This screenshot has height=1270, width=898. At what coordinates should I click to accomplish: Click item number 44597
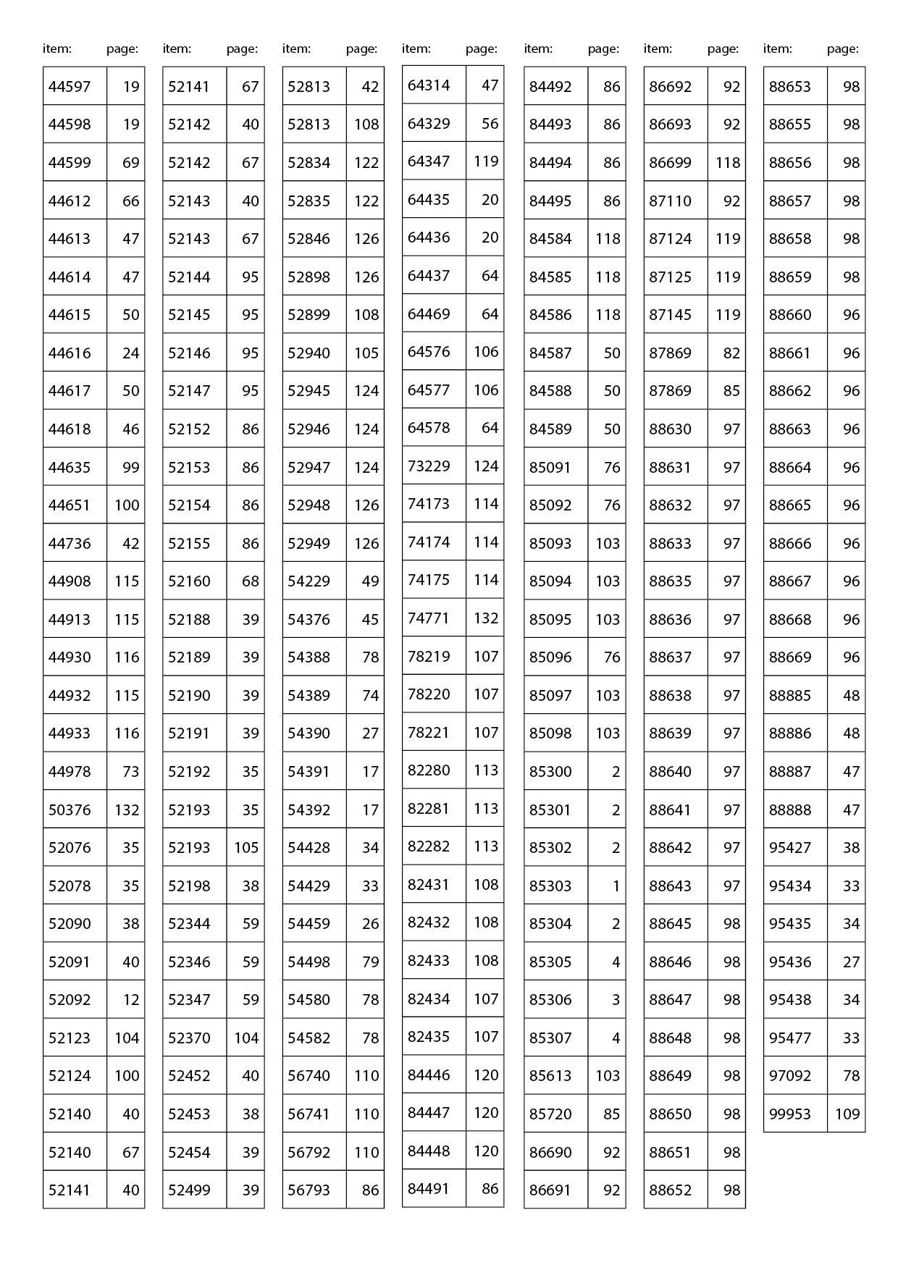tap(70, 87)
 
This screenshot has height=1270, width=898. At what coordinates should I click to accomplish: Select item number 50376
tap(70, 809)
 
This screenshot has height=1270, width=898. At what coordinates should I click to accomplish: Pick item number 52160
tap(189, 581)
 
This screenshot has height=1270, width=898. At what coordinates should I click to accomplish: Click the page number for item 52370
tap(246, 1038)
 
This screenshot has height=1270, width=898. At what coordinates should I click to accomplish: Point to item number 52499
tap(189, 1190)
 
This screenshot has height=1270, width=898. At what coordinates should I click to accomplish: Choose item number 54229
tap(309, 581)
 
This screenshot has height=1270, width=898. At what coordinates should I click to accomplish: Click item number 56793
tap(309, 1190)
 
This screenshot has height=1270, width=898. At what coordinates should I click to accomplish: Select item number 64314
tap(429, 85)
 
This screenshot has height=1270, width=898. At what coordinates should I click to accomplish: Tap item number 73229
tap(429, 466)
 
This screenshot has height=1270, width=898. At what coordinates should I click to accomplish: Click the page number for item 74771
tap(486, 618)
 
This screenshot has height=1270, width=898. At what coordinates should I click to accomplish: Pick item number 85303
tap(550, 886)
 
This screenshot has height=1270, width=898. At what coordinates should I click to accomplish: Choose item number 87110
tap(670, 201)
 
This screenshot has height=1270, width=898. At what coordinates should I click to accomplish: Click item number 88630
tap(670, 429)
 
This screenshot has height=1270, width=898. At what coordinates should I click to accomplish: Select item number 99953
tap(790, 1114)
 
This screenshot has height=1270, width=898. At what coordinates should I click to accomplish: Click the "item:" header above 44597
tap(57, 49)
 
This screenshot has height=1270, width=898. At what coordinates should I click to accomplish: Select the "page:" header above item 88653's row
tap(843, 49)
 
